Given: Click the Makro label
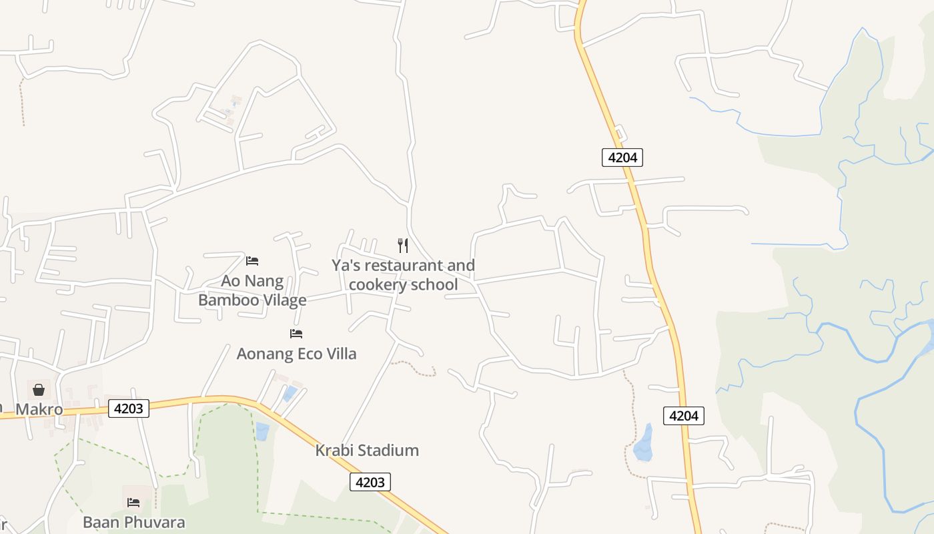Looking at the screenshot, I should click(39, 409).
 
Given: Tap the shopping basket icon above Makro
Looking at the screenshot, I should click(39, 389).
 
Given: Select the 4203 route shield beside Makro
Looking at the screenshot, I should click(128, 409).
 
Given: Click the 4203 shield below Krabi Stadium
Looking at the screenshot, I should click(370, 482).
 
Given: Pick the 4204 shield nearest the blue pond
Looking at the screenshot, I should click(683, 416).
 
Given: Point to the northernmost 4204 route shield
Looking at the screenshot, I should click(622, 158).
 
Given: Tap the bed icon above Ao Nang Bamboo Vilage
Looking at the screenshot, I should click(252, 260).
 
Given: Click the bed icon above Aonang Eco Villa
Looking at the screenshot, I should click(296, 333).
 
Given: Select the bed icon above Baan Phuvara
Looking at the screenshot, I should click(133, 502).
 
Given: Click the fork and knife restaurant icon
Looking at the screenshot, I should click(403, 245).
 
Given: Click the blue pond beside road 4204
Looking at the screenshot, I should click(644, 443).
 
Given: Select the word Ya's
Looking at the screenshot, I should click(346, 266).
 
